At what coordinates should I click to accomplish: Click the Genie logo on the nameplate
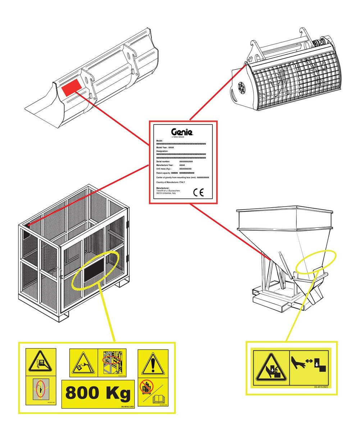(x=182, y=132)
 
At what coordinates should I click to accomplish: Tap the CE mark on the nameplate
(x=198, y=192)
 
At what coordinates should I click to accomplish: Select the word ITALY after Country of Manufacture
(x=182, y=182)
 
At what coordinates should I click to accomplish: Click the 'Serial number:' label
(x=163, y=162)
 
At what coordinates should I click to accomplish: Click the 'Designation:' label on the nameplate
(x=162, y=151)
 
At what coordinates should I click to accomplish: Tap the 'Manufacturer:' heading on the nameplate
(x=163, y=188)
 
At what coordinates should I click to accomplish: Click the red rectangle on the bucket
(x=71, y=88)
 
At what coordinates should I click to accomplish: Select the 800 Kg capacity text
(x=98, y=393)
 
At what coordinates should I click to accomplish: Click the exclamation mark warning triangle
(x=153, y=364)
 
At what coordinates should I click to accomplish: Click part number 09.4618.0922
(x=321, y=387)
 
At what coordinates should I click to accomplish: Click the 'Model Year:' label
(x=162, y=148)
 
